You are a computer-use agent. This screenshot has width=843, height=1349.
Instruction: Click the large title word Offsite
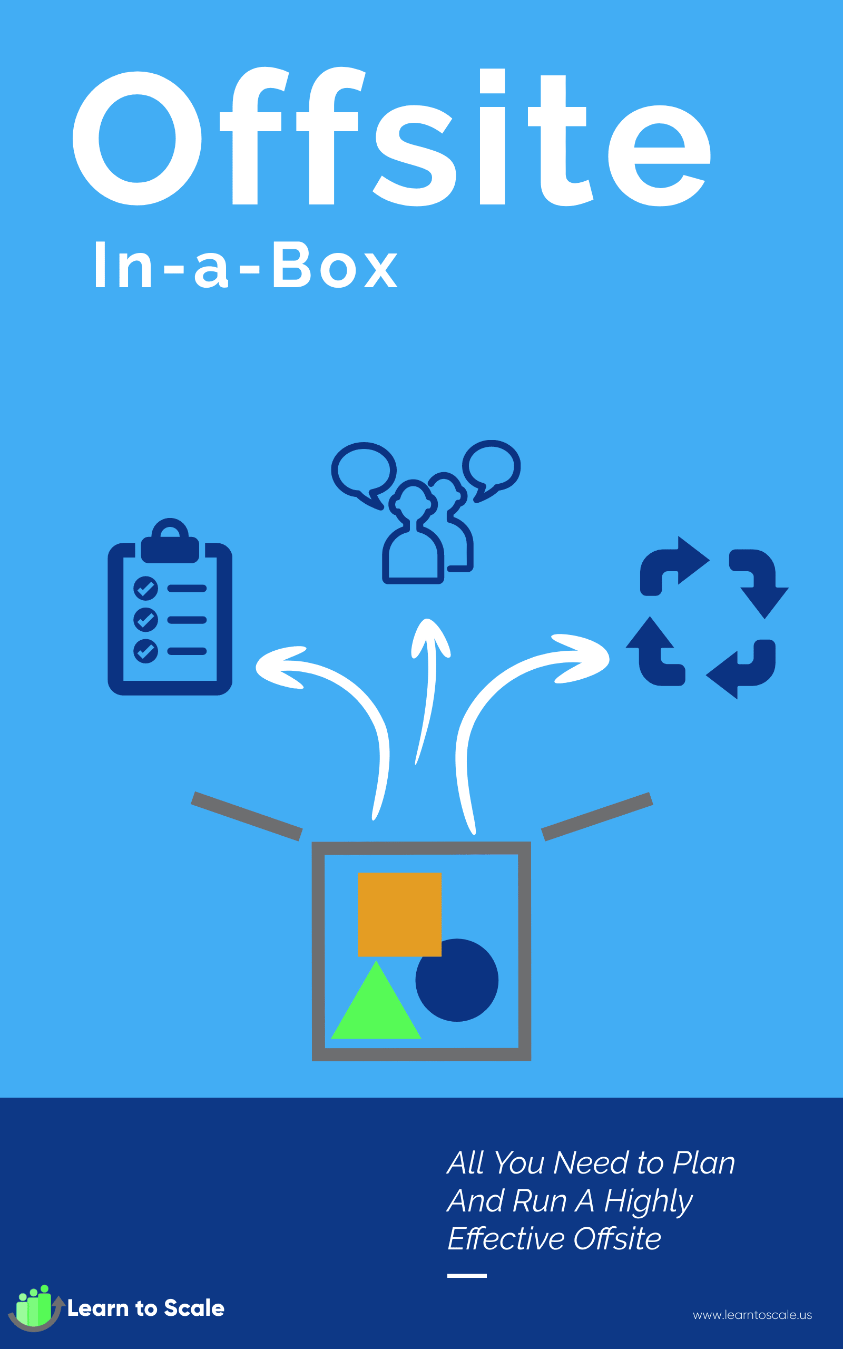(391, 136)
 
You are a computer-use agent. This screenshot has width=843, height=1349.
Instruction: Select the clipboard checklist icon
(170, 607)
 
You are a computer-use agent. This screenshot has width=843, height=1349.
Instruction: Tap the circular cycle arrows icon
(707, 618)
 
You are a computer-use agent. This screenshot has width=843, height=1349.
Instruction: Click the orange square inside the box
(399, 914)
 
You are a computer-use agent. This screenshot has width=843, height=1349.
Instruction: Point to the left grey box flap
(247, 816)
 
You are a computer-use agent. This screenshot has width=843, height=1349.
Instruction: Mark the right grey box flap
(596, 816)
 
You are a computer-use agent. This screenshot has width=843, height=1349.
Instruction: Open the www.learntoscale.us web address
(752, 1315)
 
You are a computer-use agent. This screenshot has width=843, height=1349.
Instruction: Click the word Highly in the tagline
(649, 1202)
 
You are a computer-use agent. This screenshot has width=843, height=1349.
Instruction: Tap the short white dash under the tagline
(467, 1275)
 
